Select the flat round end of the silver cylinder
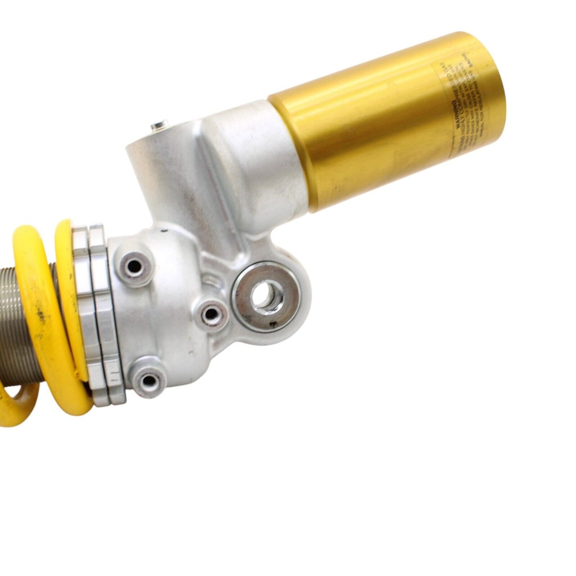147,144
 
